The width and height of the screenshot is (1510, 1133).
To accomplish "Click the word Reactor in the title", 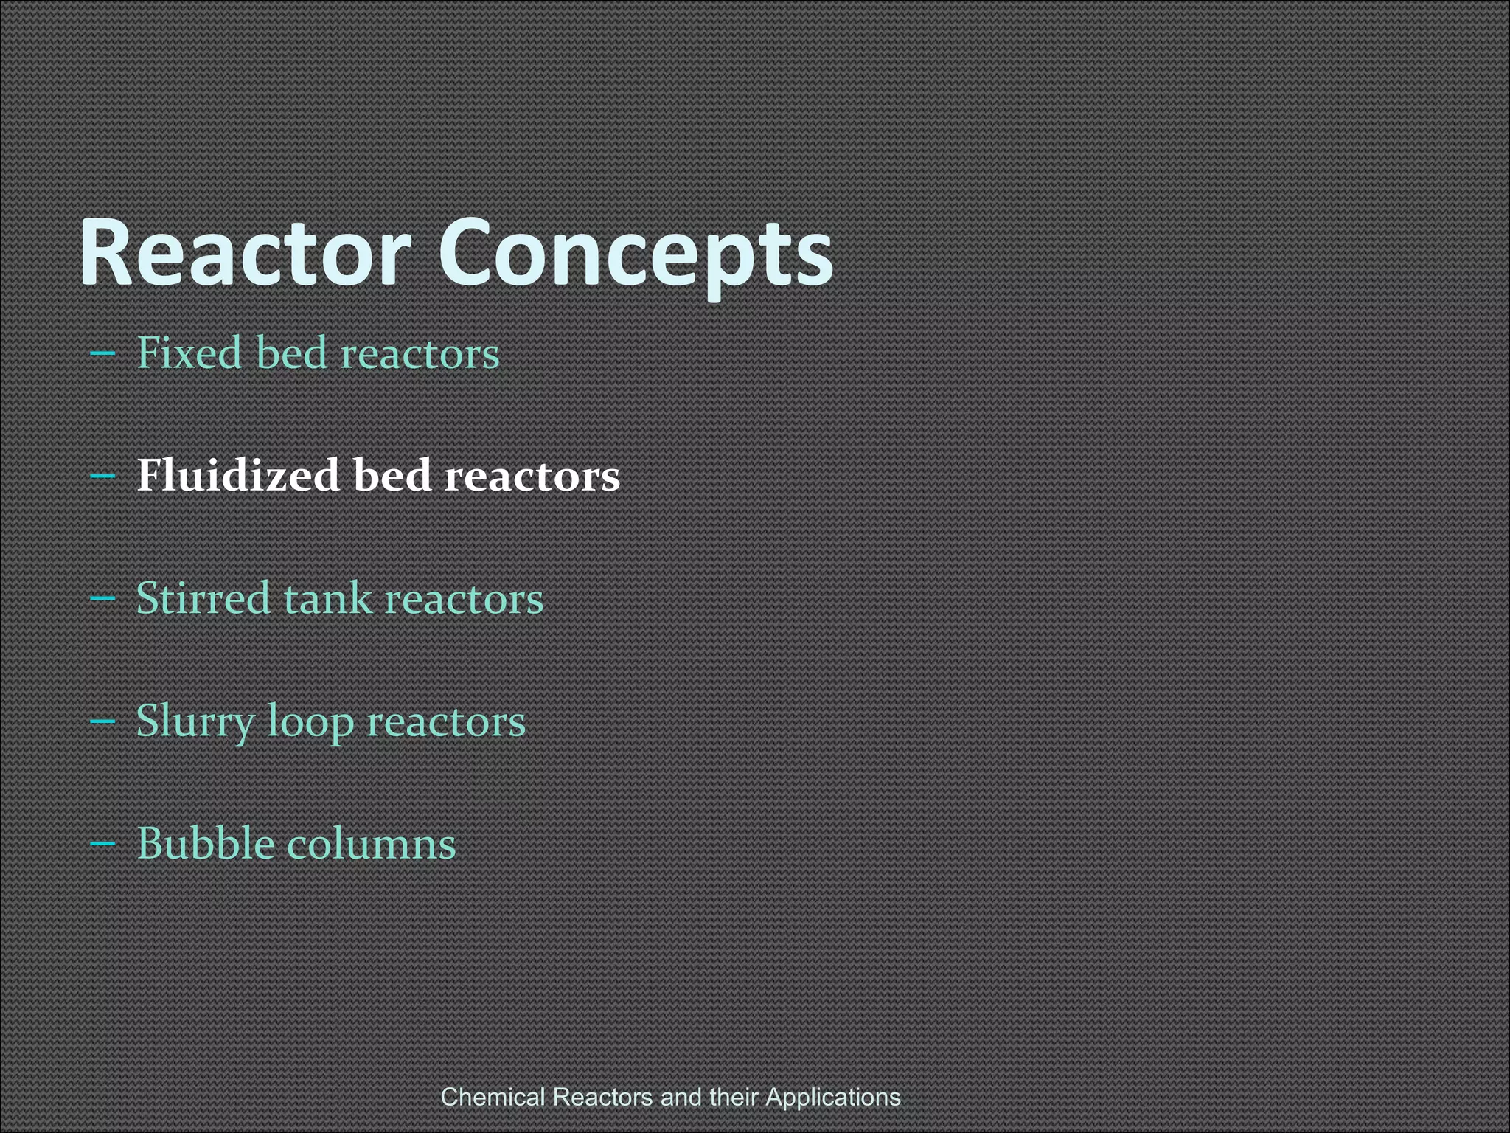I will click(x=244, y=252).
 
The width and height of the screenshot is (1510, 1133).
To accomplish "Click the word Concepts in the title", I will click(x=636, y=252).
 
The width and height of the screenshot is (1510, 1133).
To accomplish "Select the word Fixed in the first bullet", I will click(x=189, y=353).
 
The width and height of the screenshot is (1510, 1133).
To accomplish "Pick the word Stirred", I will click(x=203, y=597).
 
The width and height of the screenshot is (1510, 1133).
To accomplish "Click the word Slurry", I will click(x=195, y=721).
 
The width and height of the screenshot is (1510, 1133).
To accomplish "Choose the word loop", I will click(x=310, y=721).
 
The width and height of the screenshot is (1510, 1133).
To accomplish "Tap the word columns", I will click(x=372, y=843).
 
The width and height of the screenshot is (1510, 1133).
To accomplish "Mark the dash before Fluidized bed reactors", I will click(x=102, y=477).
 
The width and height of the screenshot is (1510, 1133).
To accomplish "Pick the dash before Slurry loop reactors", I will click(x=102, y=721).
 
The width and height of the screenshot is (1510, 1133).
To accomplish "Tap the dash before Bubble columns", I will click(x=102, y=844).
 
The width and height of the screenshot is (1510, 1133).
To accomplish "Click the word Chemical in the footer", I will click(x=493, y=1097).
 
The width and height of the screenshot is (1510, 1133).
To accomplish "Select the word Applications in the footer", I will click(x=833, y=1097).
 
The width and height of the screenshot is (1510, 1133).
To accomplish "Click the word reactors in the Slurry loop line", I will click(x=446, y=721).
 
